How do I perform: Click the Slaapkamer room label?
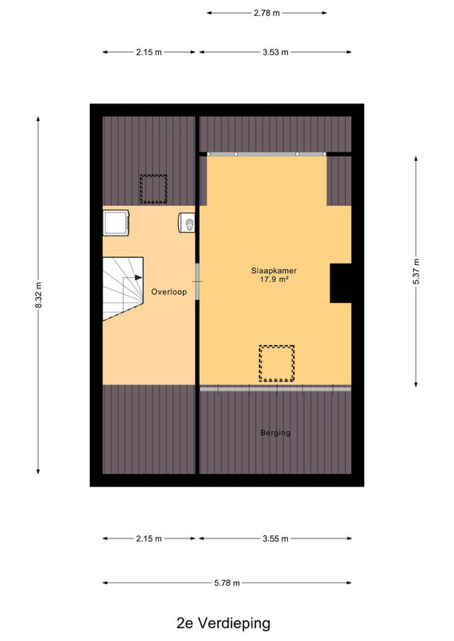click(x=274, y=271)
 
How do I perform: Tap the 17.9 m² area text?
click(x=274, y=280)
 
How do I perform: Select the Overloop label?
click(x=168, y=292)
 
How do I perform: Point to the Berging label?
click(x=275, y=433)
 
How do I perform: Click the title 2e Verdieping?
click(x=224, y=623)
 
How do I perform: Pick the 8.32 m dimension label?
click(x=39, y=295)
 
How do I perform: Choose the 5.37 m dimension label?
click(x=416, y=272)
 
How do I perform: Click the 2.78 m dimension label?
click(x=267, y=13)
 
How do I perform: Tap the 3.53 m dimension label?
click(x=275, y=52)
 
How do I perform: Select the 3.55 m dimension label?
click(x=275, y=538)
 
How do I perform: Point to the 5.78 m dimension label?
click(x=227, y=583)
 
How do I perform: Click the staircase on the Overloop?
click(x=123, y=288)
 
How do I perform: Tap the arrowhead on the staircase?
click(x=139, y=277)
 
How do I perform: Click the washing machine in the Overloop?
click(x=116, y=223)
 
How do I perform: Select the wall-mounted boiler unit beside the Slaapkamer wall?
click(x=187, y=223)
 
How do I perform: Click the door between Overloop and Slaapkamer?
click(x=197, y=282)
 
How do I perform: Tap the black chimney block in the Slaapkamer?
click(x=341, y=284)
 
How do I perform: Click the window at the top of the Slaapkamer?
click(x=266, y=154)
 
